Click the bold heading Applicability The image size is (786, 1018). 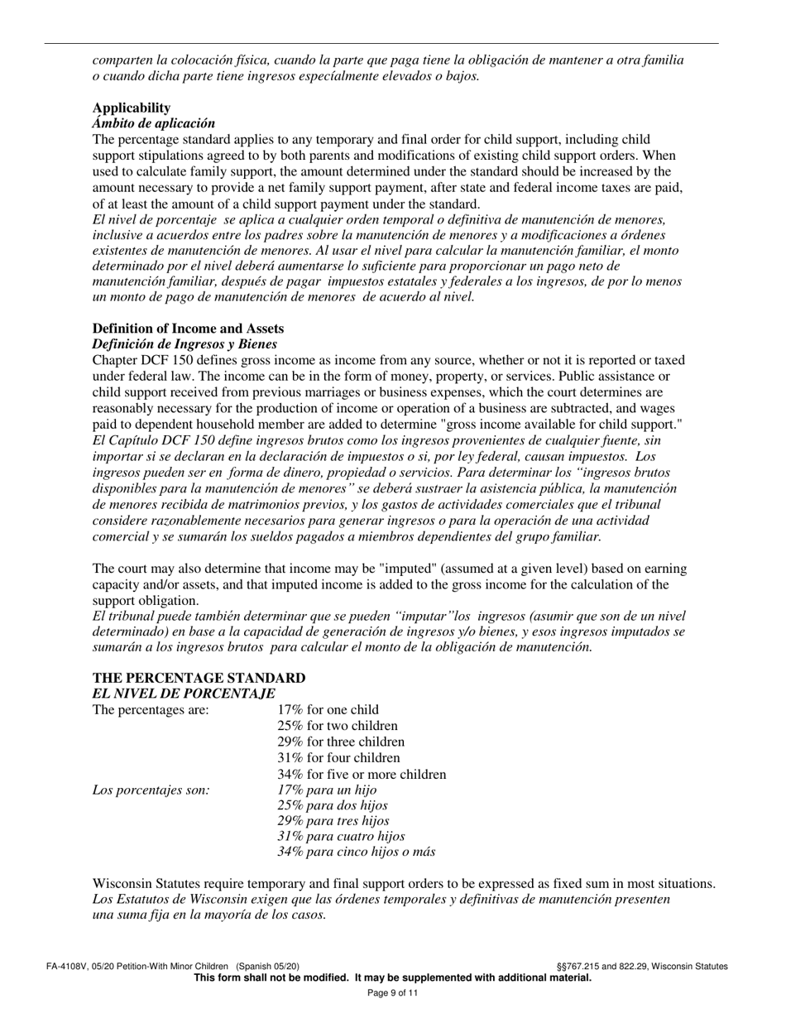132,108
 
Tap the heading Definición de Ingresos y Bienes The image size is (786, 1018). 185,343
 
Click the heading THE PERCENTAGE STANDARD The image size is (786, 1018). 199,678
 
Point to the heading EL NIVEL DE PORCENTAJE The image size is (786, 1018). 184,693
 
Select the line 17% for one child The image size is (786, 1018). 328,709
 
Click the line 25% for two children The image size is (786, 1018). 338,726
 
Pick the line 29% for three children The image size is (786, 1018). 341,742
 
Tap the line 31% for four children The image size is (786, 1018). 338,758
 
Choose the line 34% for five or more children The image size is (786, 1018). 362,775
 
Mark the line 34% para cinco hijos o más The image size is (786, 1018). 356,852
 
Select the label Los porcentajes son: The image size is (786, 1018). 151,790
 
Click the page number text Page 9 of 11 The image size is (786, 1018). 393,993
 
